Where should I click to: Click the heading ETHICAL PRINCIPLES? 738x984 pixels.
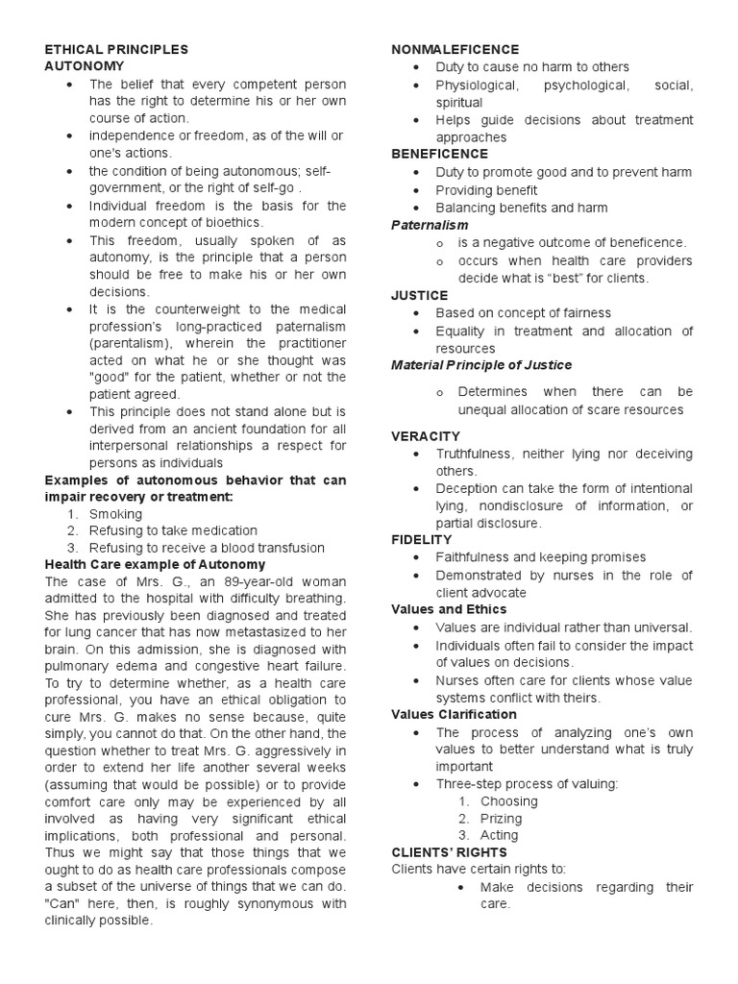[x=117, y=49]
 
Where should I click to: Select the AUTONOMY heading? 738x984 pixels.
[x=85, y=66]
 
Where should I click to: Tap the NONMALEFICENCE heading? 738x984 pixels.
[x=455, y=49]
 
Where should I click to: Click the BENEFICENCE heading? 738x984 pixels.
[x=439, y=154]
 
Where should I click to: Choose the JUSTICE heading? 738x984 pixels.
[x=419, y=295]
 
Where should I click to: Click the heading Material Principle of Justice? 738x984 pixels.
[x=481, y=365]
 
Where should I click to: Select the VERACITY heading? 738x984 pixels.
[x=426, y=435]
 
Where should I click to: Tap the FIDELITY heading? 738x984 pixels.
[x=422, y=540]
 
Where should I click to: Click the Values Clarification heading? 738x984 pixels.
[x=454, y=714]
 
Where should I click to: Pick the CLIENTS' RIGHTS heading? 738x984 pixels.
[x=450, y=852]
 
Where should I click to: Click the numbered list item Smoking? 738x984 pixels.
[x=115, y=514]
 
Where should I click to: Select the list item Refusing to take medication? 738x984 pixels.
[x=173, y=530]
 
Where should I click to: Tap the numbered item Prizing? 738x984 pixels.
[x=501, y=819]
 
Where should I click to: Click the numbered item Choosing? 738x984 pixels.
[x=508, y=801]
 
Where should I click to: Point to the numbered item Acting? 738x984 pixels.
[x=499, y=836]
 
